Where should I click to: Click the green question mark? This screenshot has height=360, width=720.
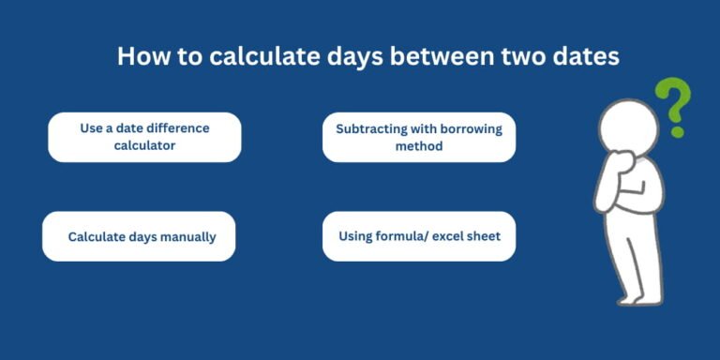673,105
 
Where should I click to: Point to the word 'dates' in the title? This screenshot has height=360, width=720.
584,57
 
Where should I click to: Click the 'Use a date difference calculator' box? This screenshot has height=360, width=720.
144,137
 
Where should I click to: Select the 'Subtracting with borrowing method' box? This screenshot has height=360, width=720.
419,137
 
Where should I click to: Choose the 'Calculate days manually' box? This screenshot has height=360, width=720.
139,236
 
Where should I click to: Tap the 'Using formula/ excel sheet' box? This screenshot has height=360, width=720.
419,236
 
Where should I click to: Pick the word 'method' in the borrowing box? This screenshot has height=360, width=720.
419,146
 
